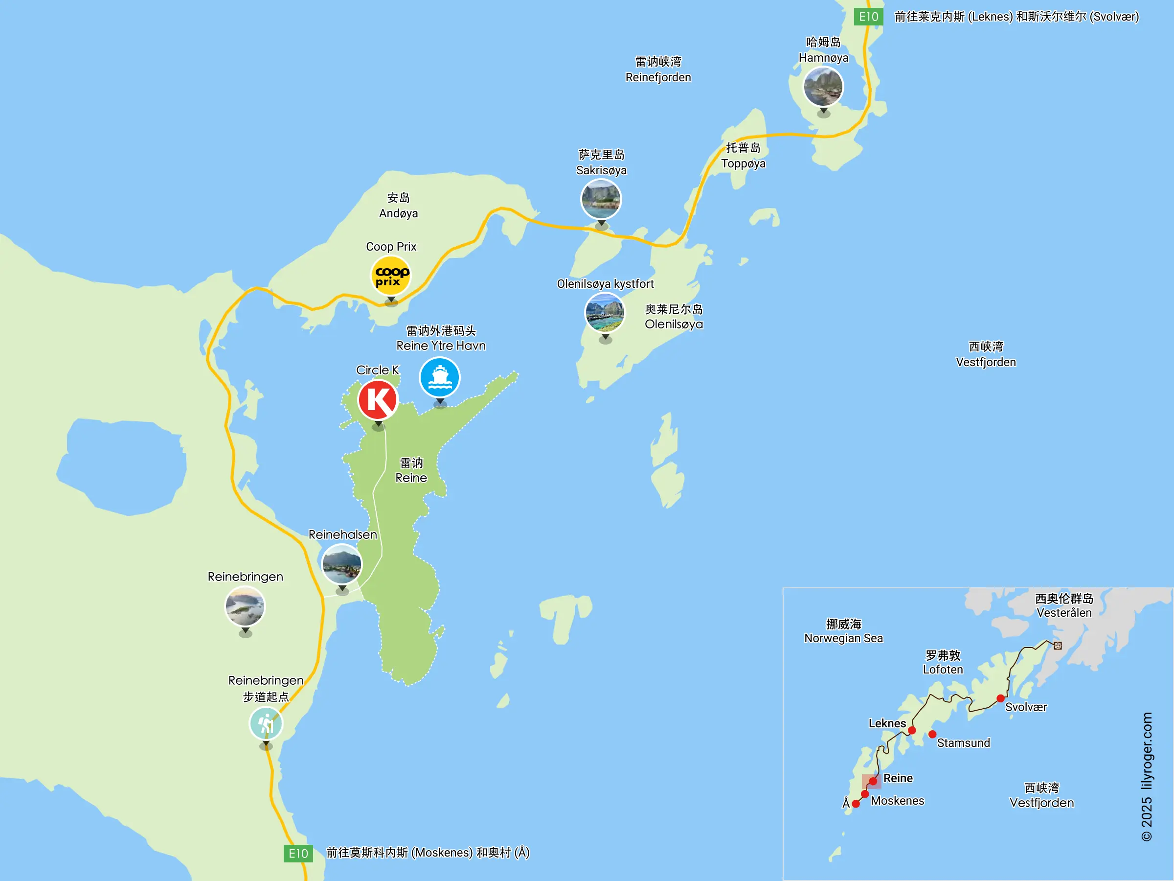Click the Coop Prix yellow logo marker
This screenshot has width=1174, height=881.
(x=391, y=276)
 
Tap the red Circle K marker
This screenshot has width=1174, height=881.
(x=378, y=400)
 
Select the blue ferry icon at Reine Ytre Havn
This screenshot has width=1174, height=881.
(x=439, y=377)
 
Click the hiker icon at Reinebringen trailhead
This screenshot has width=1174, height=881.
(x=266, y=723)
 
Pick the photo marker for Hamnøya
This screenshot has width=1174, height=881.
(x=823, y=87)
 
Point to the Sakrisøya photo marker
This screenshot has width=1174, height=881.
(x=601, y=199)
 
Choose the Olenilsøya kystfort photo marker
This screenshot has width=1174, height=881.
(x=605, y=313)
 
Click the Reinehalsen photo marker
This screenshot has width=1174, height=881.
(x=342, y=564)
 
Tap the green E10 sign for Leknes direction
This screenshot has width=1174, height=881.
(x=869, y=17)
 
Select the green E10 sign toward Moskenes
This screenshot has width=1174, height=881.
(x=298, y=854)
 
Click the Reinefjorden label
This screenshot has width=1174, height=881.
(x=658, y=70)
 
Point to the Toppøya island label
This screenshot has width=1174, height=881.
(x=743, y=156)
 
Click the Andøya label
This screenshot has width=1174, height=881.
(x=398, y=206)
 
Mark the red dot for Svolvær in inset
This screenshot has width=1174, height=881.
(x=1000, y=698)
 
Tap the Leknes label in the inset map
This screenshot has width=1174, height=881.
(x=887, y=723)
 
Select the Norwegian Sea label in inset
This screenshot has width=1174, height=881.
(x=843, y=631)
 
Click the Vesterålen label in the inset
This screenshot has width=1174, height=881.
(x=1064, y=605)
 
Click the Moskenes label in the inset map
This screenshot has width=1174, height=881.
(x=898, y=801)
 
